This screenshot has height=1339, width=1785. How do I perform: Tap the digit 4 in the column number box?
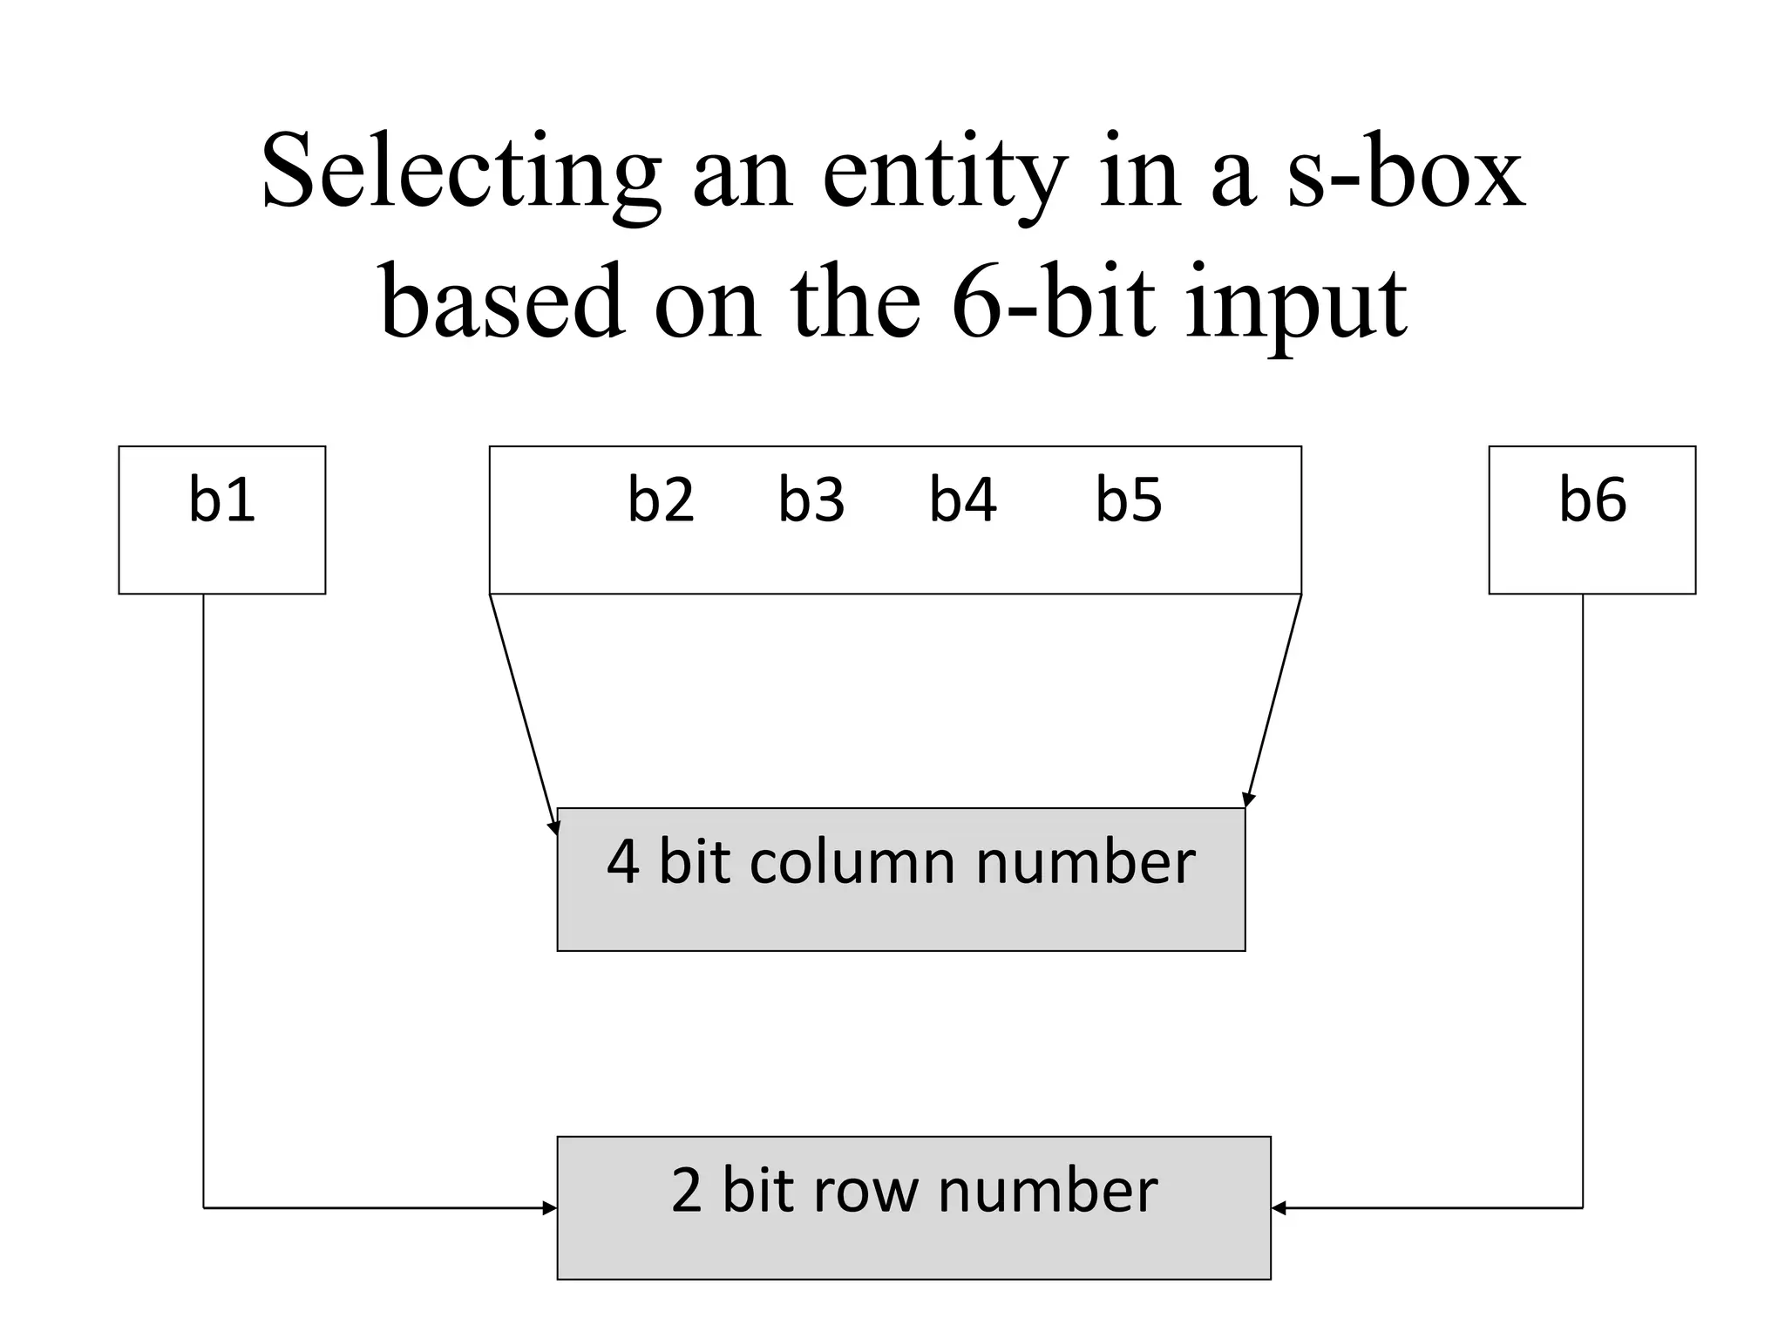click(x=622, y=862)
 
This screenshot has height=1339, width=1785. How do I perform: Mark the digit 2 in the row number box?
click(x=686, y=1191)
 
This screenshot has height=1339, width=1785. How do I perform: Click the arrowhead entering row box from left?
click(x=550, y=1208)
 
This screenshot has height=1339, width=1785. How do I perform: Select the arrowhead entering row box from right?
click(x=1279, y=1208)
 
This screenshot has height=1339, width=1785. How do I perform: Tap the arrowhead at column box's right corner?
click(x=1248, y=799)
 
